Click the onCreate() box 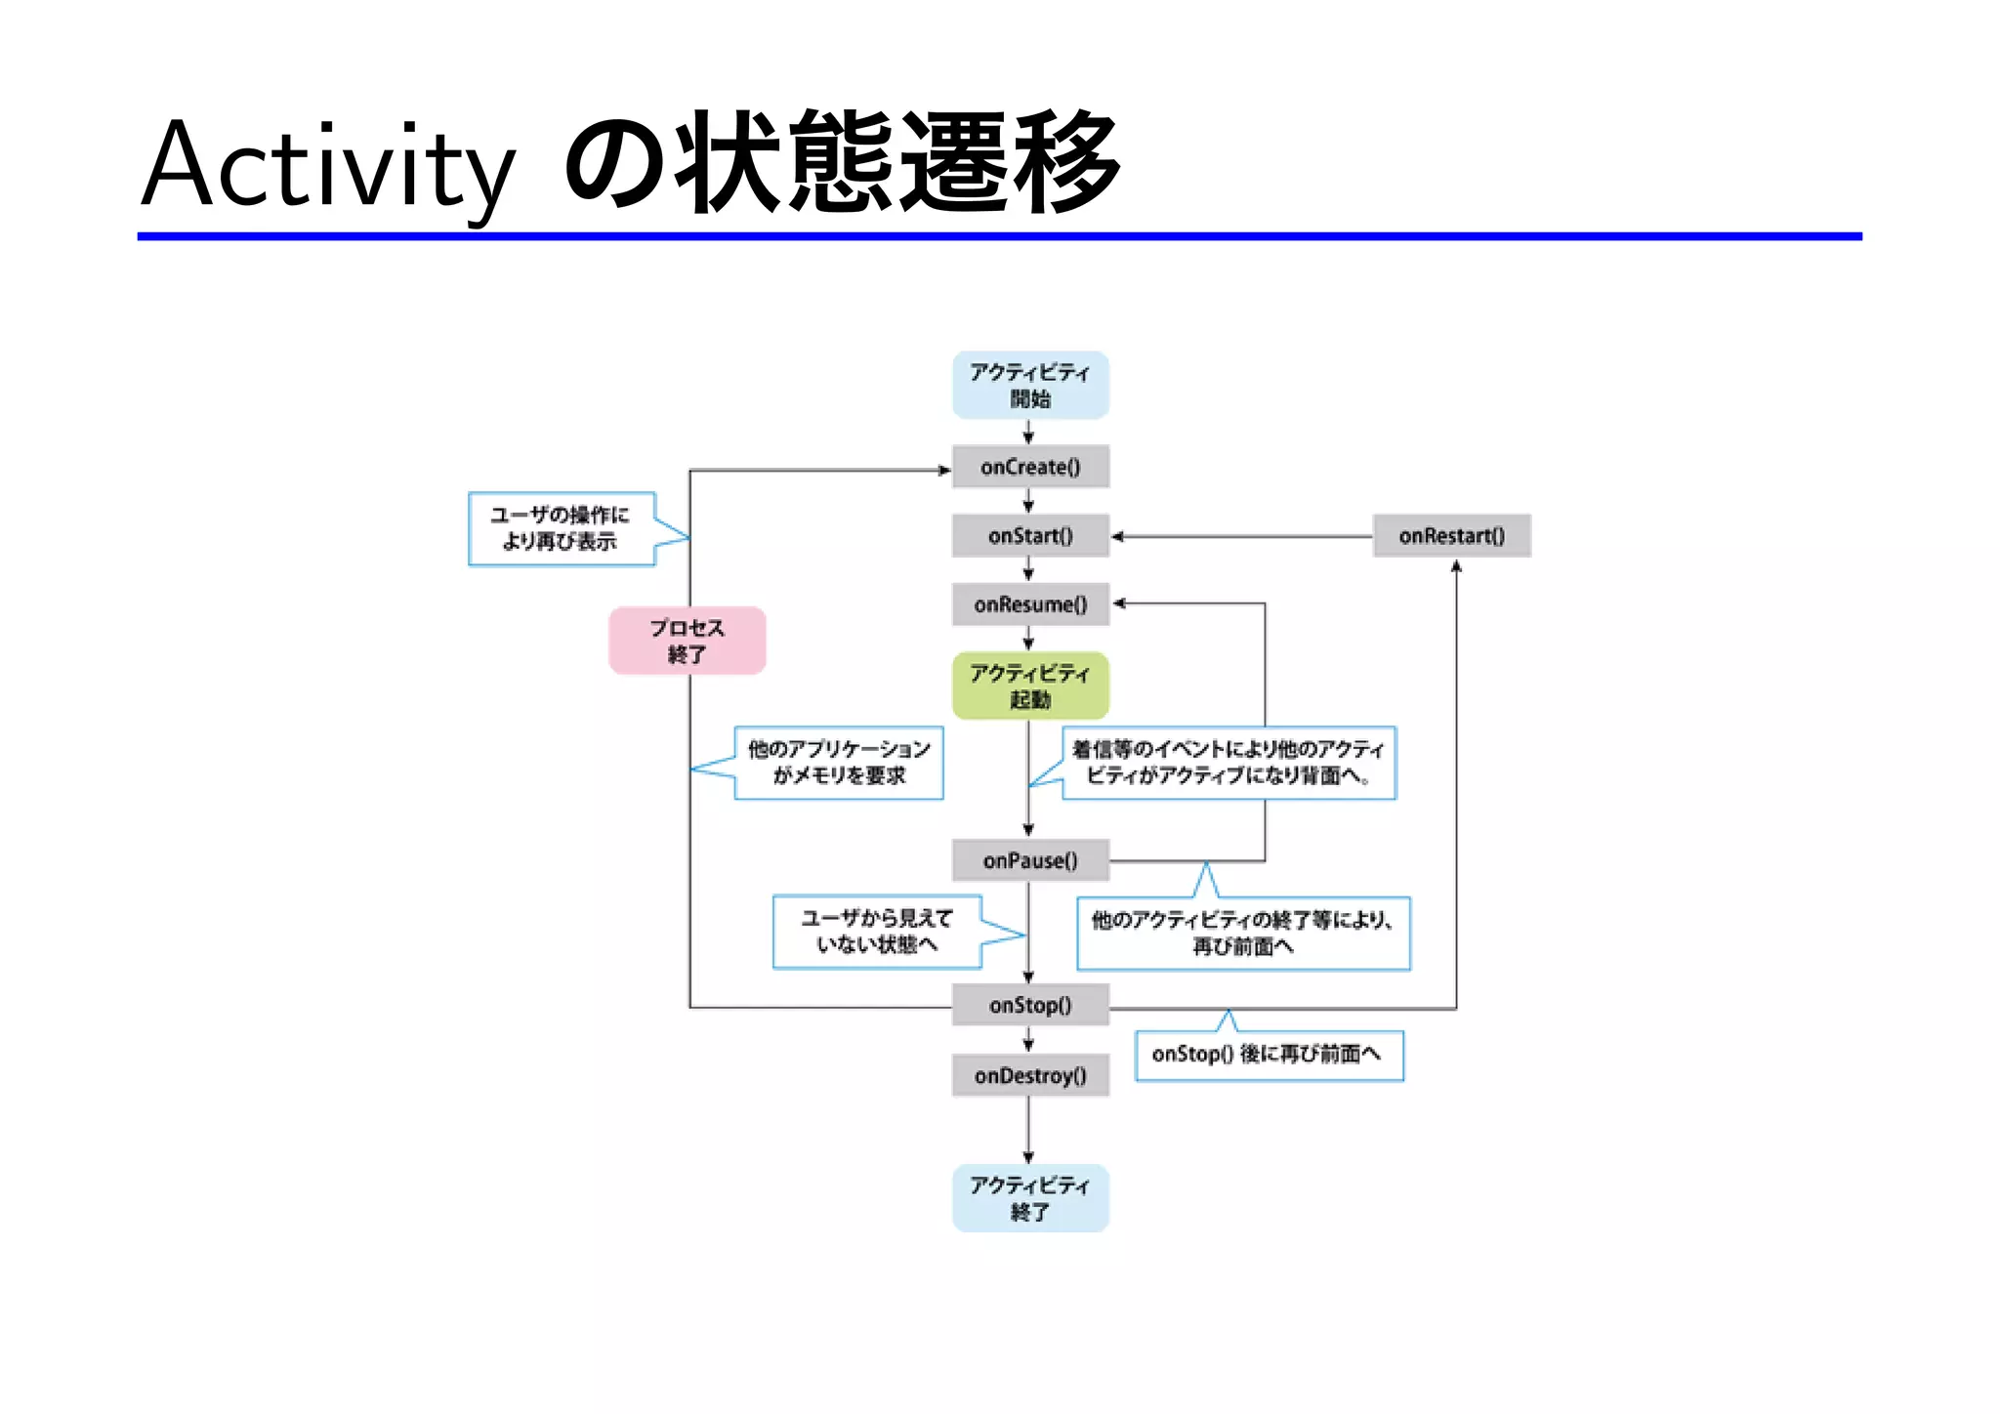point(1030,467)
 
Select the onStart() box point(1030,535)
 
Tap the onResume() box point(1030,604)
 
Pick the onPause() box point(1030,860)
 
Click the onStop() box point(1030,1005)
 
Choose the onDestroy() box point(1030,1075)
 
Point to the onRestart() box point(1451,535)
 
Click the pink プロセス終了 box point(687,641)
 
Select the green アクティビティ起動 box point(1030,686)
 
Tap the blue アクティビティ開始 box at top point(1030,385)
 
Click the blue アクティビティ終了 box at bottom point(1030,1197)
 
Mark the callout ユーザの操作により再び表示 point(561,528)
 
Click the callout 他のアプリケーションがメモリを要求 point(839,763)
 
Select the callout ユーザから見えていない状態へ point(876,932)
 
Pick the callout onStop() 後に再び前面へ point(1269,1055)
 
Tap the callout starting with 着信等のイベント point(1229,763)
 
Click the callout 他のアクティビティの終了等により point(1243,933)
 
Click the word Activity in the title point(327,166)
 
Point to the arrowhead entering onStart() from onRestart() point(1117,536)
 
